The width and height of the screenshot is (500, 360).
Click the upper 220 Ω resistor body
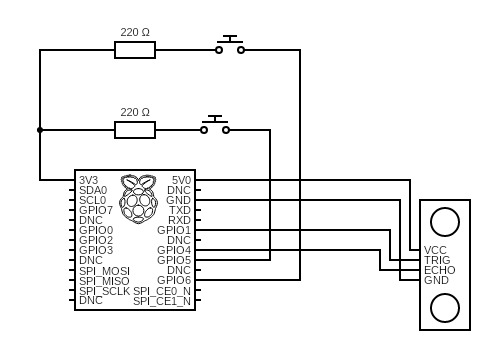(135, 50)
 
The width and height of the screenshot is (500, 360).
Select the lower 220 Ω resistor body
(135, 130)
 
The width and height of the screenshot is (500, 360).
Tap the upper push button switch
(230, 45)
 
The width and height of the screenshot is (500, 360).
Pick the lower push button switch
(215, 125)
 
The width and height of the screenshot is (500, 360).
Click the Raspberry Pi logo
(138, 199)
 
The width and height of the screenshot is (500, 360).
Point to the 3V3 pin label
(89, 180)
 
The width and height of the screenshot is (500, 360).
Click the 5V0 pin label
(181, 180)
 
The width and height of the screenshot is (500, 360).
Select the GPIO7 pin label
(96, 210)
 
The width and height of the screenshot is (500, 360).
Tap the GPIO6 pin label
(174, 280)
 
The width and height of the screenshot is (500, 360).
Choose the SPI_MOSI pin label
(104, 271)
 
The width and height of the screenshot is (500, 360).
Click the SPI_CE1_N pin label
(162, 301)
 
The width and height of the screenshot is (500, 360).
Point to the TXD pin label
(180, 210)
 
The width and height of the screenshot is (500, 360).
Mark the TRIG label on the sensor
(437, 260)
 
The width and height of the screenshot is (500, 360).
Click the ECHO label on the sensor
(440, 270)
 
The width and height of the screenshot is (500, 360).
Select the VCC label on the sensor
(435, 250)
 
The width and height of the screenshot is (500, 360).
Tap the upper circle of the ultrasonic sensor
(445, 222)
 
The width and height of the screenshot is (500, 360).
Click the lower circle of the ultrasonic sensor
(445, 308)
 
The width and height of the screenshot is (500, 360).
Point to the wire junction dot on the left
(40, 130)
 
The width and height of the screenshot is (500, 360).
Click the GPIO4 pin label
(174, 250)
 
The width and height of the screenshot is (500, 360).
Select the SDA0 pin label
(93, 190)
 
